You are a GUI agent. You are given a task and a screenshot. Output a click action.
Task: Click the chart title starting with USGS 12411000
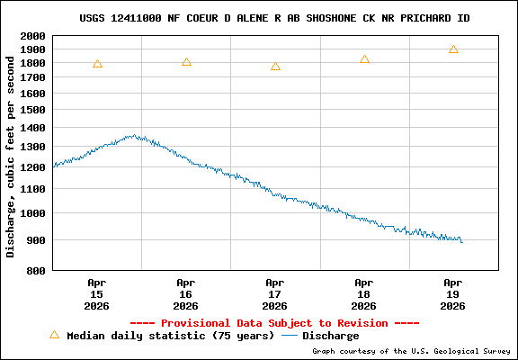coord(274,18)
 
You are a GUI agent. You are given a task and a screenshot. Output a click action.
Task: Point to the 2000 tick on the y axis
coord(34,36)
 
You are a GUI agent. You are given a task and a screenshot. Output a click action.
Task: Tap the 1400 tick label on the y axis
coord(34,129)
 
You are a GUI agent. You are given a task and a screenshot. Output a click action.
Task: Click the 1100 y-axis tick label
coord(34,189)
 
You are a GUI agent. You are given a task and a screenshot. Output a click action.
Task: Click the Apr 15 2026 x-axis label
coord(97,294)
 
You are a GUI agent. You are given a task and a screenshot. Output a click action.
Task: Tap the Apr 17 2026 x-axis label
coord(275,294)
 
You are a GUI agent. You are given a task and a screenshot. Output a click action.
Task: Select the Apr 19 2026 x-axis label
coord(453,294)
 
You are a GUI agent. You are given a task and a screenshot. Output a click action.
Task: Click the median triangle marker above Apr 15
coord(97,64)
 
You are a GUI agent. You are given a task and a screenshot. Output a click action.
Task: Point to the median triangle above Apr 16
coord(186,62)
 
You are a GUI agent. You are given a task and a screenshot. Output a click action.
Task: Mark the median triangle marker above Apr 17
coord(275,67)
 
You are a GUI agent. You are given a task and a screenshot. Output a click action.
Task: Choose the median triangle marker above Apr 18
coord(364,59)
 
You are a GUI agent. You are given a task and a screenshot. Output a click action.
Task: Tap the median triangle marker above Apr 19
coord(453,49)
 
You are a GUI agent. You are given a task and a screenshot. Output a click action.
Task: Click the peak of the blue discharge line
coord(134,136)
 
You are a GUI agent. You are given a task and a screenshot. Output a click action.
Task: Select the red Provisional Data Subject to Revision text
coord(274,323)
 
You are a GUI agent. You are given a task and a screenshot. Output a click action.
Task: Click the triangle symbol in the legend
coord(54,335)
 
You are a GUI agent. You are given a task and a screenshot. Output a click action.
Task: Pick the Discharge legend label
coord(330,336)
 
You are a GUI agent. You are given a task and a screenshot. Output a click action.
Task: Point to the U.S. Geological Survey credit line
coord(413,351)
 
